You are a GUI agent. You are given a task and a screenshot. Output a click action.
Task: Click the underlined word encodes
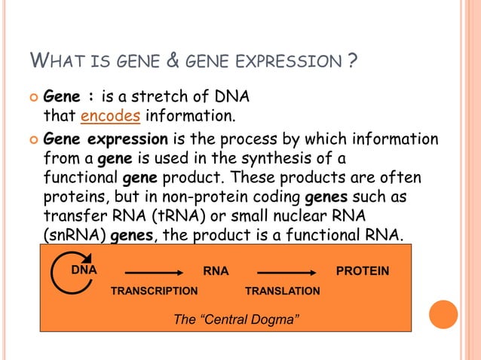tap(110, 117)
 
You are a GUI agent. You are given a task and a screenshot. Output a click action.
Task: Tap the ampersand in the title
tap(173, 60)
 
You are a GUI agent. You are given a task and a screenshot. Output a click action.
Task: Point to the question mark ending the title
tap(352, 60)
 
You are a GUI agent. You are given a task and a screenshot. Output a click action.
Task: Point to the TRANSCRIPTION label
tap(154, 291)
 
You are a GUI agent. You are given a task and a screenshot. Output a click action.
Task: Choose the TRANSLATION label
tap(283, 291)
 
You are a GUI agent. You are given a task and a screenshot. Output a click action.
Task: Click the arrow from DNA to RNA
tap(155, 273)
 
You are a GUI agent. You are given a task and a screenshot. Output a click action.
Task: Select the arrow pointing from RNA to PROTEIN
tap(287, 273)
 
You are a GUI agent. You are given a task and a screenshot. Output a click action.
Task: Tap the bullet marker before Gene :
tap(32, 98)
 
